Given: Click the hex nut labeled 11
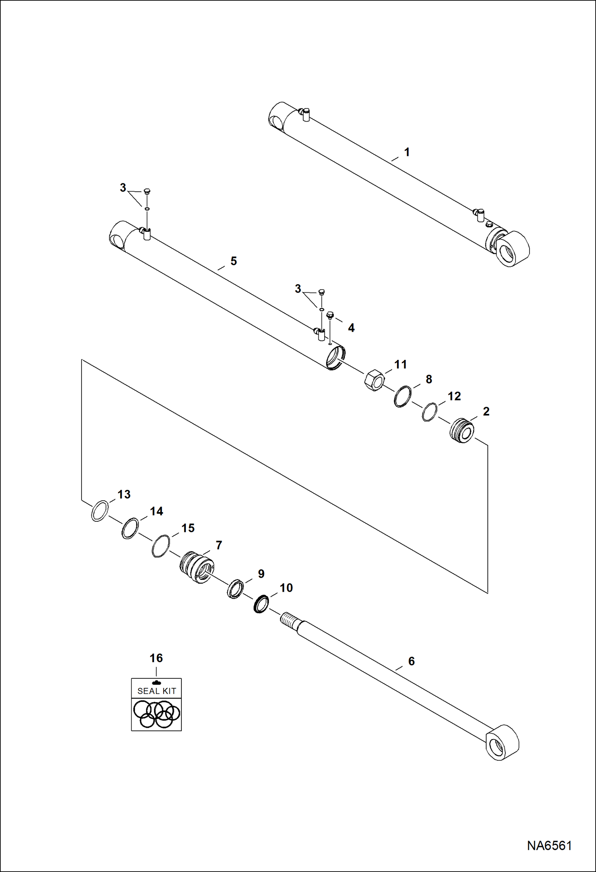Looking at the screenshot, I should pos(374,380).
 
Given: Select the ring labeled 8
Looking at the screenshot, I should pos(403,396).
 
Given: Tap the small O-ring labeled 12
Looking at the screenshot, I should pos(429,412).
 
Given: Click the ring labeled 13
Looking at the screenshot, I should pos(99,511).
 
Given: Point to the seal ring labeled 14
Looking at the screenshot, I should pos(130,528).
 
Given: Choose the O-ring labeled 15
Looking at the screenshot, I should pos(161,546).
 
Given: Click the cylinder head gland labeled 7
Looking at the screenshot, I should pos(197,567).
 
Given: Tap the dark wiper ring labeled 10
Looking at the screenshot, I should pos(261,604).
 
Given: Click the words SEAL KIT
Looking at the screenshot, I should pos(156,691).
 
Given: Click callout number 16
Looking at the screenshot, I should pos(156,658).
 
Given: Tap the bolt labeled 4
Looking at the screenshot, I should pos(329,316).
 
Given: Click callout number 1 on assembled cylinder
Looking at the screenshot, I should pos(407,152).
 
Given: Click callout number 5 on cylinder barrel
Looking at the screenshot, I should pos(234,261).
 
